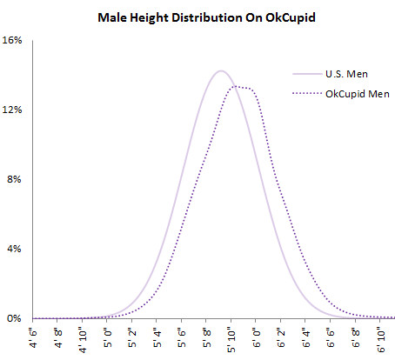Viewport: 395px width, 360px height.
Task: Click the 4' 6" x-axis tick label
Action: click(x=34, y=337)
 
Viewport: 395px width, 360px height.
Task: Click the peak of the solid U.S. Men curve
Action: click(x=220, y=70)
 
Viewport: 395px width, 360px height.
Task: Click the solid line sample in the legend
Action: click(x=307, y=74)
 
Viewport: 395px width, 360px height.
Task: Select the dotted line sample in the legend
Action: click(x=307, y=93)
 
